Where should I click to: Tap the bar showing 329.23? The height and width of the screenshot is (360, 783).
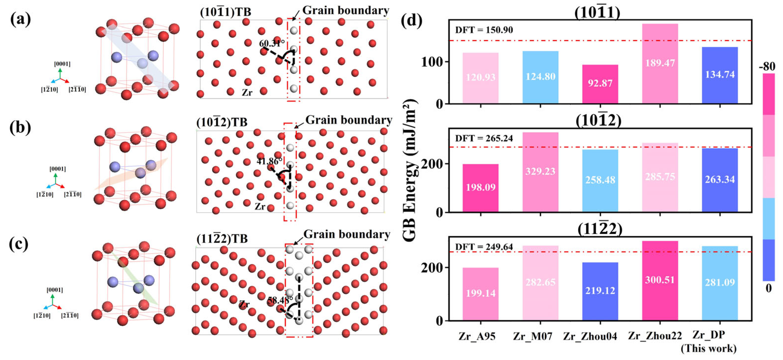[540, 172]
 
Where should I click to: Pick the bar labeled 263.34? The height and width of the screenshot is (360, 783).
[720, 180]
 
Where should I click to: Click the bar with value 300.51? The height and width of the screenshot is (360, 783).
[660, 280]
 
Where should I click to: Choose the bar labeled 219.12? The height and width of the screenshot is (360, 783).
[600, 291]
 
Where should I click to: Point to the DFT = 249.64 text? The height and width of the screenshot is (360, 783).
[484, 247]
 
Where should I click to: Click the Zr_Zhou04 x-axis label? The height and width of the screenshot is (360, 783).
[590, 336]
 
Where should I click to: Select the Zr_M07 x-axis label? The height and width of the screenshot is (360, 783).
[533, 336]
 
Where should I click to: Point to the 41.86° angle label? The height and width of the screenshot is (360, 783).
[269, 161]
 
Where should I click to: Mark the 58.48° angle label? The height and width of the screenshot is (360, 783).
[280, 300]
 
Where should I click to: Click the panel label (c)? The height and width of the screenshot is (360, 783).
[19, 244]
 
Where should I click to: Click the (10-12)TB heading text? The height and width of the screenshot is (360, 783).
[222, 122]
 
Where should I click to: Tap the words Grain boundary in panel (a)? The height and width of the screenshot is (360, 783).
[346, 10]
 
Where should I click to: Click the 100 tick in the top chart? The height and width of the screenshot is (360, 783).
[432, 62]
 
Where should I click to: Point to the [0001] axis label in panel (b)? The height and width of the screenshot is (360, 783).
[57, 168]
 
